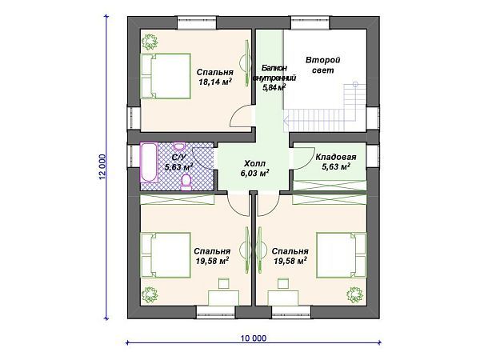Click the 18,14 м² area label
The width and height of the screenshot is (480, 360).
pyautogui.click(x=214, y=82)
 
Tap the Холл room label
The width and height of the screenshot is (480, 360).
pyautogui.click(x=254, y=163)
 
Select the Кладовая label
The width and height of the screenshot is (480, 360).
pyautogui.click(x=336, y=157)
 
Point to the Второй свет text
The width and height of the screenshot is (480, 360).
pyautogui.click(x=323, y=65)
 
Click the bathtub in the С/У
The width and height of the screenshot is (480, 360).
pyautogui.click(x=149, y=162)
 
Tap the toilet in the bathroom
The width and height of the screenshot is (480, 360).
pyautogui.click(x=186, y=182)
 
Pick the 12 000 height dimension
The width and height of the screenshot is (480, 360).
pyautogui.click(x=102, y=166)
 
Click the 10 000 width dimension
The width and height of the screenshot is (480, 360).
pyautogui.click(x=254, y=338)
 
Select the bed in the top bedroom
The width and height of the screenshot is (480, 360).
pyautogui.click(x=166, y=76)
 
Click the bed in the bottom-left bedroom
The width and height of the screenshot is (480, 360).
pyautogui.click(x=166, y=255)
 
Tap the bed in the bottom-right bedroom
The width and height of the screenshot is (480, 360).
pyautogui.click(x=342, y=255)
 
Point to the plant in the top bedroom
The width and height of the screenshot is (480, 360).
pyautogui.click(x=150, y=42)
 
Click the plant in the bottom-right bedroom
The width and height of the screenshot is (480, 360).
pyautogui.click(x=354, y=294)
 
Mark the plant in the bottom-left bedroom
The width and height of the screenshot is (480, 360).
pyautogui.click(x=150, y=294)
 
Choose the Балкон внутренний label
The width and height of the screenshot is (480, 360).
pyautogui.click(x=274, y=73)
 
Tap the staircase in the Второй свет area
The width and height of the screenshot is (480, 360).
pyautogui.click(x=325, y=108)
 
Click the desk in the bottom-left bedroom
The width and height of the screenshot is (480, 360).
pyautogui.click(x=223, y=298)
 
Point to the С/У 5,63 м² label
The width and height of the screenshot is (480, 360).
pyautogui.click(x=178, y=162)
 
